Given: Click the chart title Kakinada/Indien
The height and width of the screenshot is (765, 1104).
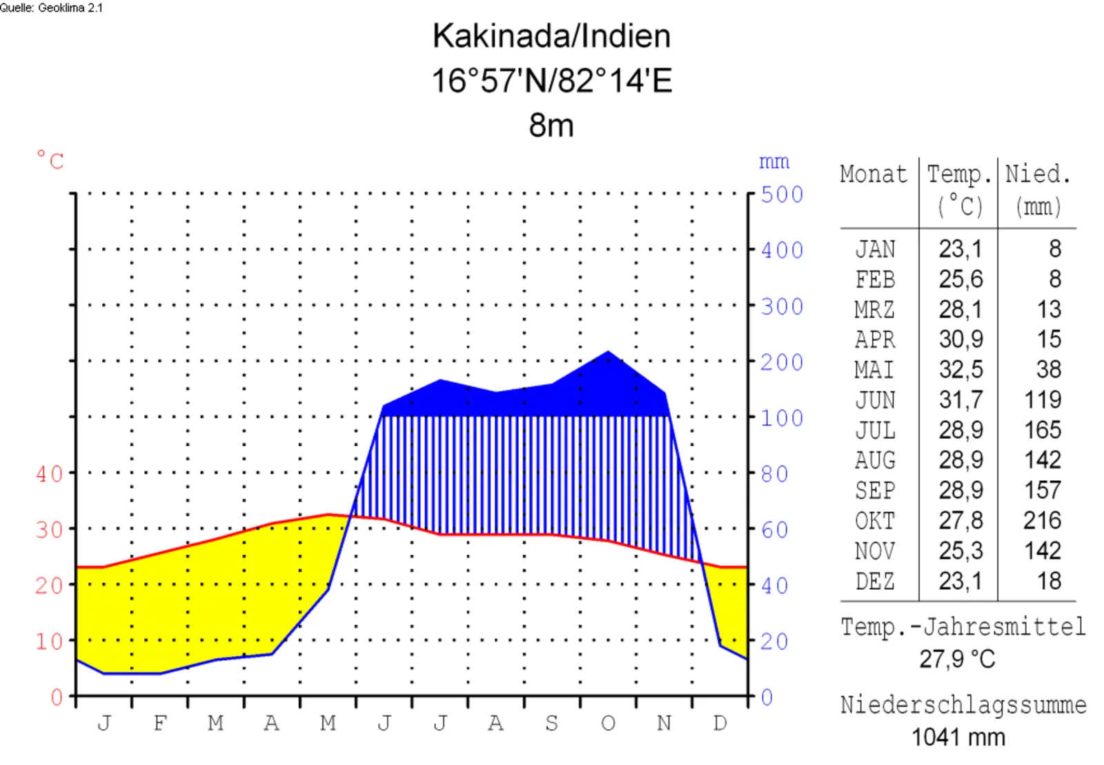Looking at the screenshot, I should coord(551,36).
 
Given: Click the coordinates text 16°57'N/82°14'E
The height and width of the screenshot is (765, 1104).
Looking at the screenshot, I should coord(551,81).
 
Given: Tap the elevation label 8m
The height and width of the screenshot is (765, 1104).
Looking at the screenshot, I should coord(551,126).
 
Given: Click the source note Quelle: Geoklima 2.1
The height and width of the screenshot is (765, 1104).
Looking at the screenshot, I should coord(51,8).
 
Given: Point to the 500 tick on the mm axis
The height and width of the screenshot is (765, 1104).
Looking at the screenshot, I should coord(782,195).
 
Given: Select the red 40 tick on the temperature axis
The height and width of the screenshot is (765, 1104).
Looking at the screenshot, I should coord(49,474).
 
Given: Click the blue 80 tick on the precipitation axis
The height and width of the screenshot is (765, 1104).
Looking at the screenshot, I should coord(774,474).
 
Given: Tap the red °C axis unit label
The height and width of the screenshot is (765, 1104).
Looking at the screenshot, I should coord(50,160).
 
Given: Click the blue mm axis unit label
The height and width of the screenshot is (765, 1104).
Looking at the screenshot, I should coord(773,162).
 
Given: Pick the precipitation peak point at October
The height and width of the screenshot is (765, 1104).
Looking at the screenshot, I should coord(608,352).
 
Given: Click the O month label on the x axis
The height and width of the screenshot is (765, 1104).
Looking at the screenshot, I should coord(608,723).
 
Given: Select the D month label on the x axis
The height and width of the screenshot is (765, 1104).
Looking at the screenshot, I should coord(720,723).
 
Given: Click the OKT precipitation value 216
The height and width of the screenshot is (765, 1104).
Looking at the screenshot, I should coord(1042,520).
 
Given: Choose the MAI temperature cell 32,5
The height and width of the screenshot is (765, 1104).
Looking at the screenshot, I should coord(960,370).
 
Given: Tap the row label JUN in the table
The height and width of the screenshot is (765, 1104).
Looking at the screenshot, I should coord(875,400).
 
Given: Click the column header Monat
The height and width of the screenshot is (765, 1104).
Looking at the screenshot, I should coord(874,174).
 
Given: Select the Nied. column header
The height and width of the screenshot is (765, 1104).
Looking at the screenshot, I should coord(1037,174).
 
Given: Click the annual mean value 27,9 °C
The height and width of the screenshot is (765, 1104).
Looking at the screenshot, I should coord(957,659).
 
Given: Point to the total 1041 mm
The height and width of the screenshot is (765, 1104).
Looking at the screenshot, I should coord(958,737).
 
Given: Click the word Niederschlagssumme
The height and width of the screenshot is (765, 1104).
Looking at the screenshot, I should coord(963,705).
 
